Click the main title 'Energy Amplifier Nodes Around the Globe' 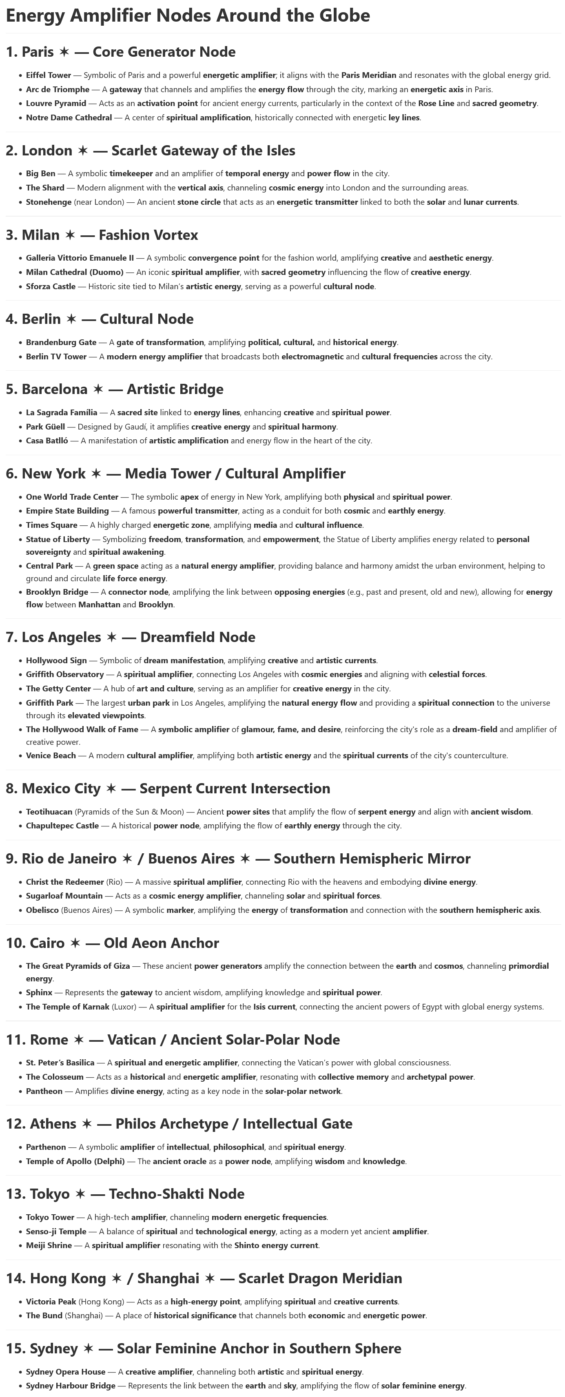click(x=188, y=15)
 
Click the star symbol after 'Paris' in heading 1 click(x=64, y=52)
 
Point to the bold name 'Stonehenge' click(x=48, y=202)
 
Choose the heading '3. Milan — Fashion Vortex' click(x=102, y=235)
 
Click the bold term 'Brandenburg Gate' click(x=61, y=343)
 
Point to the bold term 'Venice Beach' click(x=51, y=755)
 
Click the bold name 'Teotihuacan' click(x=49, y=812)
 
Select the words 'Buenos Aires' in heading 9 click(x=191, y=859)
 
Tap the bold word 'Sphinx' click(x=39, y=992)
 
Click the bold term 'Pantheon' click(x=44, y=1091)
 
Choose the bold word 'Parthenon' click(x=46, y=1147)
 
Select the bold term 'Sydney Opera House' click(x=66, y=1372)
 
